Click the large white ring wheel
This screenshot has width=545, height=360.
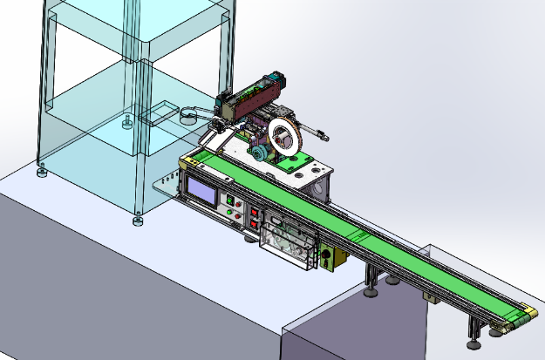point(284,136)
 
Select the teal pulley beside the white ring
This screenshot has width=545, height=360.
point(259,153)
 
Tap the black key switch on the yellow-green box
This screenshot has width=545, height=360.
point(326,259)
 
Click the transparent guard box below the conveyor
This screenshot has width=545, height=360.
point(287,241)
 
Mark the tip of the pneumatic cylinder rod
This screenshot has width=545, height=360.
point(325,136)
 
